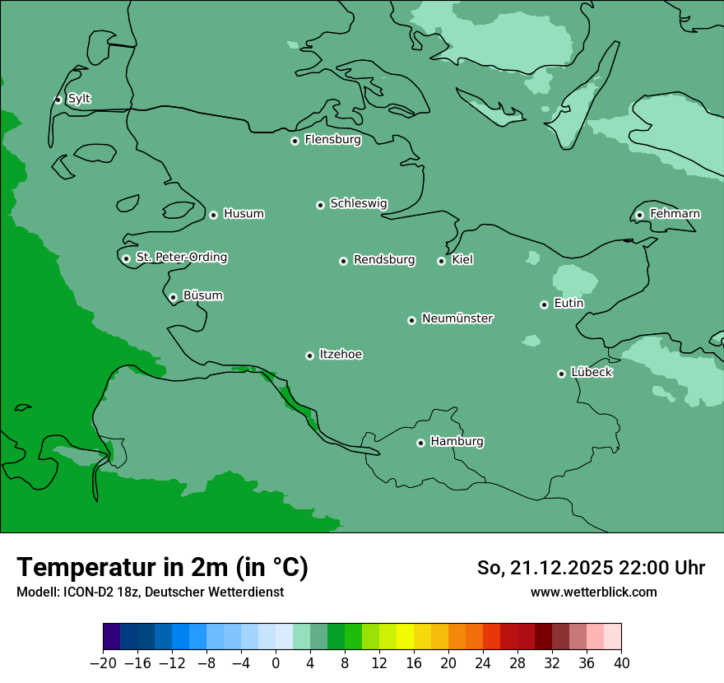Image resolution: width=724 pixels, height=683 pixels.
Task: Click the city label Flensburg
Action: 332,140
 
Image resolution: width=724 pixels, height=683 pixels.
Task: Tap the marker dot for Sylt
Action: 58,100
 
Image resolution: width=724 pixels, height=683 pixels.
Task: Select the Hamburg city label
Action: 457,442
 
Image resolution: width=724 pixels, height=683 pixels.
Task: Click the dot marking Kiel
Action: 441,261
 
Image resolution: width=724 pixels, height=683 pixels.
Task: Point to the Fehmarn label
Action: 675,214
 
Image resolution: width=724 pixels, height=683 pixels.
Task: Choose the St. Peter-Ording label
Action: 181,258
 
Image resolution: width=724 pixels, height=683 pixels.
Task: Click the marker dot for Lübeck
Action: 561,374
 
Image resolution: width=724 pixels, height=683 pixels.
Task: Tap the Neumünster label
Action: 457,318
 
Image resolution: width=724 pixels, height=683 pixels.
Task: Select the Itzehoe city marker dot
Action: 309,355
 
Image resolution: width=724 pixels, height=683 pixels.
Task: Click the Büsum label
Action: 202,295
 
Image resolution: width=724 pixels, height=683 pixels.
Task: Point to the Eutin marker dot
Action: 544,304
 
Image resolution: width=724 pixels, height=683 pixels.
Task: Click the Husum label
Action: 244,214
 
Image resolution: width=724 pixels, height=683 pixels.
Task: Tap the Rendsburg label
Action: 384,260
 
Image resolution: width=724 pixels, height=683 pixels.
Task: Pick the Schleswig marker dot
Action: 320,205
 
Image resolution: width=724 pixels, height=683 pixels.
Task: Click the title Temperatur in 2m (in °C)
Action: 162,567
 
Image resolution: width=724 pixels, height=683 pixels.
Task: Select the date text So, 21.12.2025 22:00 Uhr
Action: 591,568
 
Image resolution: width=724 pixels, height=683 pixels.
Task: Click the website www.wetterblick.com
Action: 593,592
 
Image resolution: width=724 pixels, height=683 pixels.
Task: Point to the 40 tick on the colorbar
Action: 621,663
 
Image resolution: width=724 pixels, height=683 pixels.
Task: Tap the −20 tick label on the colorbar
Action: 103,663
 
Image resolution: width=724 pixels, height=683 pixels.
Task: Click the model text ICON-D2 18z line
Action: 150,592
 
